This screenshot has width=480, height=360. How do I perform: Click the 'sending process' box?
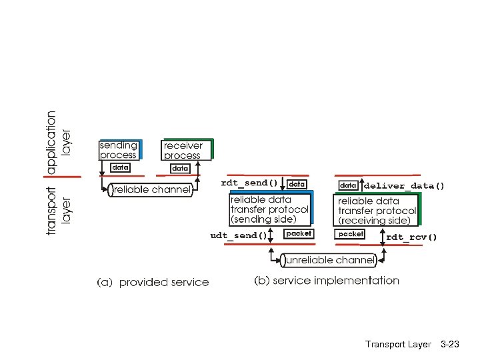[119, 150]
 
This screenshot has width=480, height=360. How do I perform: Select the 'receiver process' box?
[187, 150]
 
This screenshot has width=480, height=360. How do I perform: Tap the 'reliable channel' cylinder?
[151, 190]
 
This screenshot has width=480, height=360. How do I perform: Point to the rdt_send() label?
[249, 183]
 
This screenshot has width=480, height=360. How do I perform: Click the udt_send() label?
[238, 235]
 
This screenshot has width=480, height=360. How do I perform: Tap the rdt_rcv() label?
[411, 236]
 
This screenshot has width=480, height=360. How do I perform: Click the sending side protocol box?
[269, 209]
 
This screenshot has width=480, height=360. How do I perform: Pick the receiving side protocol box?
[377, 209]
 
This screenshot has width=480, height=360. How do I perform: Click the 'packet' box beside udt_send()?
[298, 233]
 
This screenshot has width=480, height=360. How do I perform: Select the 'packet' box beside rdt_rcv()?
[351, 234]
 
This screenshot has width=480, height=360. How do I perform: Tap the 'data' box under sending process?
[119, 167]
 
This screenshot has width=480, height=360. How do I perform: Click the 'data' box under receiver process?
[180, 169]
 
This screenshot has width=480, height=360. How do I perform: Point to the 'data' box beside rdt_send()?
[297, 183]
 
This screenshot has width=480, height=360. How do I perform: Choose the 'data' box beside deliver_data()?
[349, 185]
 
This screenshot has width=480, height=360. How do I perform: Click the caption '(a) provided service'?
[153, 283]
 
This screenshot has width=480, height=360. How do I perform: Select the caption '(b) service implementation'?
[327, 281]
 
